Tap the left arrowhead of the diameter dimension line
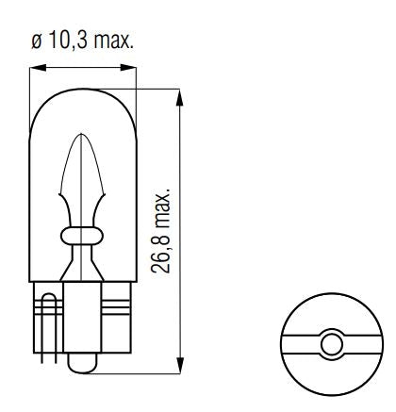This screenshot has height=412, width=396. pyautogui.click(x=36, y=68)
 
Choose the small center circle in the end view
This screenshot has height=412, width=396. pyautogui.click(x=329, y=344)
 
